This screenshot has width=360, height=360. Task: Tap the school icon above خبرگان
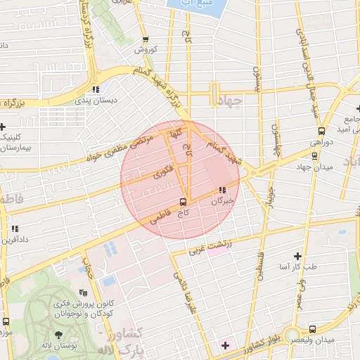(x=222, y=190)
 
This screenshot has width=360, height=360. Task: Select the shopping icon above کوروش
(x=145, y=40)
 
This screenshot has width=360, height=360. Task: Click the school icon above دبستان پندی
(x=96, y=89)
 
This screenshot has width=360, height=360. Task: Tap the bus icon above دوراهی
(x=321, y=131)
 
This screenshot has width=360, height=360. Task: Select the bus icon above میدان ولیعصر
(x=312, y=329)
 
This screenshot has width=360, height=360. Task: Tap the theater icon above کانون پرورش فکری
(x=84, y=292)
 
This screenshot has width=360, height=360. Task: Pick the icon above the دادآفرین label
(x=15, y=229)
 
